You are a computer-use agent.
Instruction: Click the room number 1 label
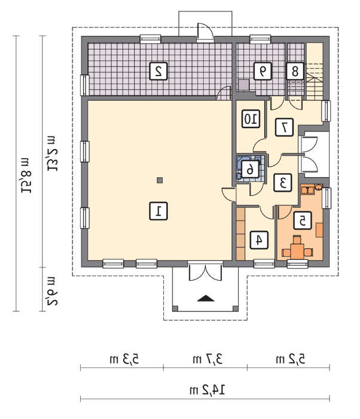158,211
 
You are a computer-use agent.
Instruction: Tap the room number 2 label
158,71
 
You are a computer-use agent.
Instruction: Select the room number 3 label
282,183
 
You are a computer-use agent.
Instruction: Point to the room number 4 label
259,240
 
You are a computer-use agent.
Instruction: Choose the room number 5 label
303,221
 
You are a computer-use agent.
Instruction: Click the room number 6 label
250,169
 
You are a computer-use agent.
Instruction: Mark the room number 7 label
284,127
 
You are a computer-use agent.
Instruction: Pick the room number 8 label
295,71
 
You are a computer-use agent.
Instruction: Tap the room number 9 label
263,71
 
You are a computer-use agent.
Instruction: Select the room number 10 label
251,119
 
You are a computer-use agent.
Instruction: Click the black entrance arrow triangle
206,298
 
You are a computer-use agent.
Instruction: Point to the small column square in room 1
160,180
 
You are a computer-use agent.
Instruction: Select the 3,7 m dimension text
208,359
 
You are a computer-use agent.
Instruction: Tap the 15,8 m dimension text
26,175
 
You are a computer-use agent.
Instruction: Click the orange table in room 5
297,251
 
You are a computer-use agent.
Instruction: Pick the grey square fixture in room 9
243,85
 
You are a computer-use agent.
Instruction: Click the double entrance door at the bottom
205,271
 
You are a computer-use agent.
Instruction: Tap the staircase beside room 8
315,71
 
